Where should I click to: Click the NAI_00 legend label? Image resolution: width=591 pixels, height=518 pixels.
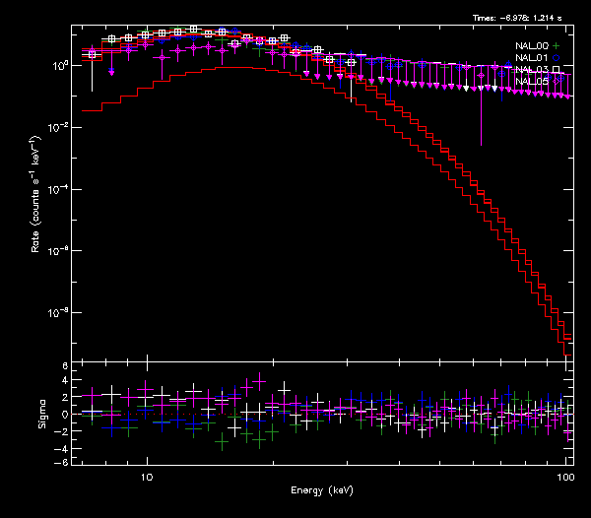point(532,46)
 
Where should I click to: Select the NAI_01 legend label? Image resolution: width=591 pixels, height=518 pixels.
point(532,58)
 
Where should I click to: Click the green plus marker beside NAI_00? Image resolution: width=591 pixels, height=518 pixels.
point(557,46)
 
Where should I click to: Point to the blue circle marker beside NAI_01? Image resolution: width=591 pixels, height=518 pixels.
point(557,58)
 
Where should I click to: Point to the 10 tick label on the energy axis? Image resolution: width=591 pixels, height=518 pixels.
point(147,476)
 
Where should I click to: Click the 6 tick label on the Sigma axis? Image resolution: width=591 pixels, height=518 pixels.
point(64,366)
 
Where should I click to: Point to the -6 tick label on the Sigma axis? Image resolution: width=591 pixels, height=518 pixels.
point(62,462)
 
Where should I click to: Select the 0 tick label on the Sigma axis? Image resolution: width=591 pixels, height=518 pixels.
point(64,415)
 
